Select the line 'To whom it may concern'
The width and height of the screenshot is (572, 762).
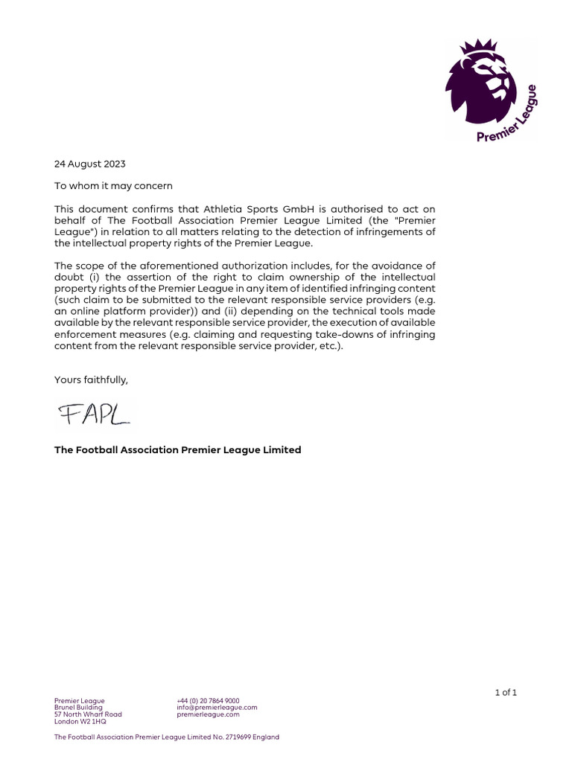click(112, 186)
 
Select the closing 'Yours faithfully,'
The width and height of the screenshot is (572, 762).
click(91, 380)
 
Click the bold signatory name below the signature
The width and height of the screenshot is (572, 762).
click(177, 449)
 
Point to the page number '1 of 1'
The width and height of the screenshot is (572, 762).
click(505, 692)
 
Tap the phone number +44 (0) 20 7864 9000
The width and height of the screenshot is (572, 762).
click(208, 700)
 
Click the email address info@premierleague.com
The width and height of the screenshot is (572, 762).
click(217, 707)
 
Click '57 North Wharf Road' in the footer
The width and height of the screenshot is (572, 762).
click(88, 714)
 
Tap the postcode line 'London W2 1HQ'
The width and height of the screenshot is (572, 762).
click(80, 721)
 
